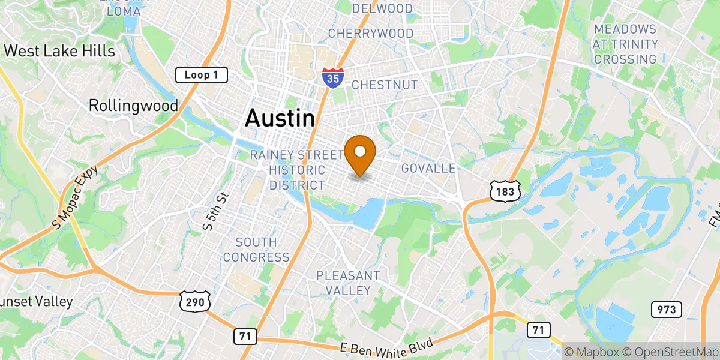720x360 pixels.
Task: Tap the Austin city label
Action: click(x=280, y=118)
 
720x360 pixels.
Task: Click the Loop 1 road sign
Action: click(x=202, y=75)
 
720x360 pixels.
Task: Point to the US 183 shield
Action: click(x=503, y=191)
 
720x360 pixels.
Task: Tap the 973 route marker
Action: click(x=667, y=310)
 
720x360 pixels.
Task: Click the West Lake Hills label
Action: click(x=59, y=51)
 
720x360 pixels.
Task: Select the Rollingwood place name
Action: click(x=133, y=106)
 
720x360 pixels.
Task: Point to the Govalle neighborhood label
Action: click(x=428, y=168)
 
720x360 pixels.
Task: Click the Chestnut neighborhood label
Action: click(x=384, y=85)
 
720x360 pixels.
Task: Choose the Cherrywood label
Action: click(x=370, y=33)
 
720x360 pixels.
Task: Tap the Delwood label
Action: click(x=382, y=8)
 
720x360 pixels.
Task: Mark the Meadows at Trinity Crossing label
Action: click(x=625, y=44)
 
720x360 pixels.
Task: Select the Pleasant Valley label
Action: click(x=348, y=283)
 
